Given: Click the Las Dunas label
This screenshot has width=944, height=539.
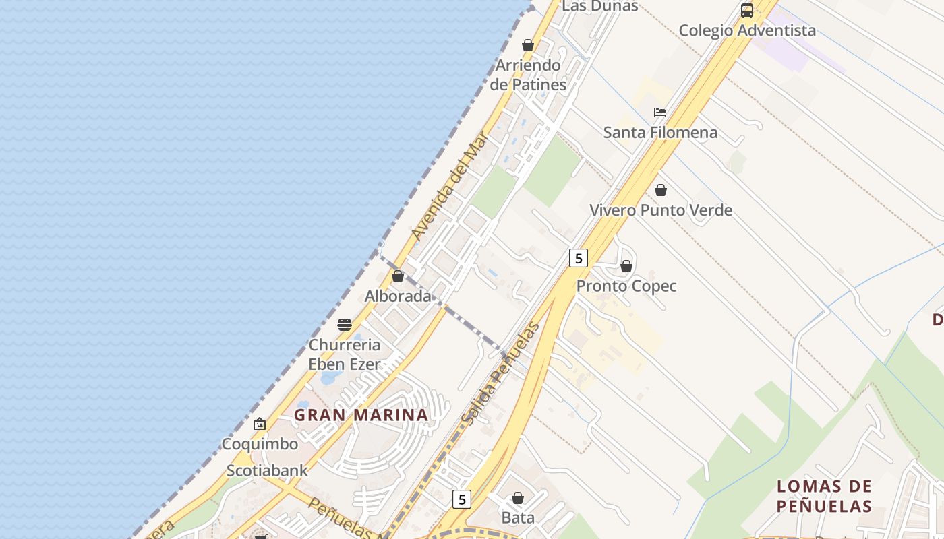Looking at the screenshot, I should point(599,6).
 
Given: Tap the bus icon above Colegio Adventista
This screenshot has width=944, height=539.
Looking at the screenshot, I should point(747,11).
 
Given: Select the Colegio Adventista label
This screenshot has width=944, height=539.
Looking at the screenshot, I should point(747,30).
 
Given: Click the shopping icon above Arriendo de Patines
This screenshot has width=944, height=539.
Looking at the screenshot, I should point(528,45).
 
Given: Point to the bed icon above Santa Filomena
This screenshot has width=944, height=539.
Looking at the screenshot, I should point(660,113).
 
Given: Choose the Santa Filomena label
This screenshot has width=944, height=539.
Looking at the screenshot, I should point(660,132).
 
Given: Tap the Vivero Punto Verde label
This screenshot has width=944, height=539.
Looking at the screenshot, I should point(661,210).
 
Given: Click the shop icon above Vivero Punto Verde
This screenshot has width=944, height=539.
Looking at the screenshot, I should point(661,191).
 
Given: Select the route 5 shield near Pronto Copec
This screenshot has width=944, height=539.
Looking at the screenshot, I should point(578,257).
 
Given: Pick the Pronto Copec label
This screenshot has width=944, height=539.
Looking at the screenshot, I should point(626,286).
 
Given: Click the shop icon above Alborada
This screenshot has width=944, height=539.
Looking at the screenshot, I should point(398,276).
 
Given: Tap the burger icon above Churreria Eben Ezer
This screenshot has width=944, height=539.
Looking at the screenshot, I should point(345,325).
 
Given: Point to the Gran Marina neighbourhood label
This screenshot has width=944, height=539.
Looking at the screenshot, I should point(361,415).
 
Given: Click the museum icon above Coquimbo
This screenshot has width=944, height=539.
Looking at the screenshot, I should point(260,424).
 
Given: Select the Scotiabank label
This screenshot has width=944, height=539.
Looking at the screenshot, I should point(267,470).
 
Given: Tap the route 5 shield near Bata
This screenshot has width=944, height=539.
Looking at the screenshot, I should point(461,499).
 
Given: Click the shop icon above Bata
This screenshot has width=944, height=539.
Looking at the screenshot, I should point(518,499).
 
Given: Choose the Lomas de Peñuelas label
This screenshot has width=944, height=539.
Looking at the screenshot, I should point(824,496).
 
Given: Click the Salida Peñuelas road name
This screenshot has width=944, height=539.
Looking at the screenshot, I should point(500,374).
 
